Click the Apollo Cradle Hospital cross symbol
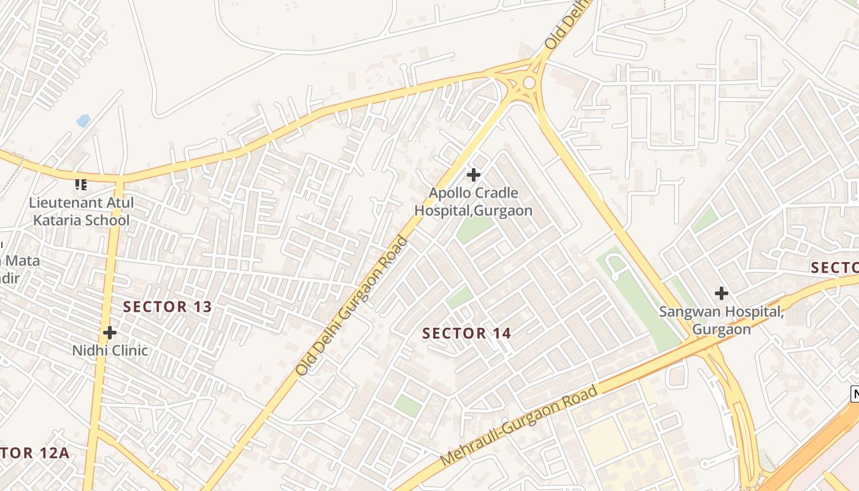click(473, 175)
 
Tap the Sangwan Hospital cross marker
click(722, 293)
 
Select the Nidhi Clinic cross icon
click(110, 333)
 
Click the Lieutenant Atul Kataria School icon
click(81, 184)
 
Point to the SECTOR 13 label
click(168, 307)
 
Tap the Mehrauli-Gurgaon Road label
click(519, 425)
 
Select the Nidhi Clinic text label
click(110, 350)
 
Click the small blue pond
click(83, 120)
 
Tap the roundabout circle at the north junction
click(529, 82)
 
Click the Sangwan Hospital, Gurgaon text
click(721, 320)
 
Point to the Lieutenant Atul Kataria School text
click(81, 211)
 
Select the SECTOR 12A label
click(34, 454)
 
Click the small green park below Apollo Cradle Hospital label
click(474, 228)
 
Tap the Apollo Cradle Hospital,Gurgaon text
click(473, 202)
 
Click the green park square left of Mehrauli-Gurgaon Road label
click(408, 405)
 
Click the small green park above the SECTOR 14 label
click(460, 298)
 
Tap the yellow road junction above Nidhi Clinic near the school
click(118, 180)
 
